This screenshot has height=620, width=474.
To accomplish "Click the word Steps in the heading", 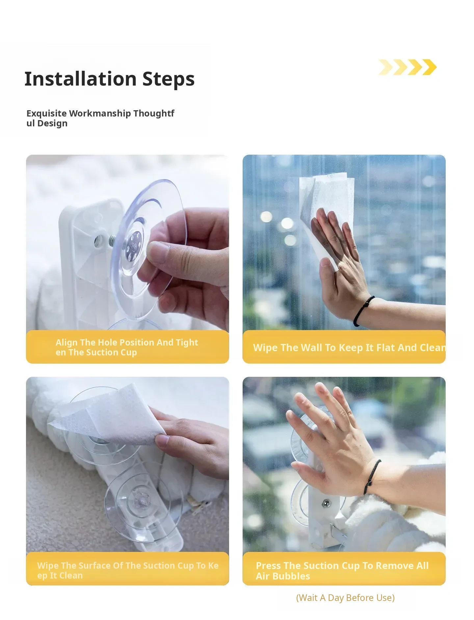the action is point(169,79).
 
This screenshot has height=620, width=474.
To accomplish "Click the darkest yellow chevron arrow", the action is point(430,67).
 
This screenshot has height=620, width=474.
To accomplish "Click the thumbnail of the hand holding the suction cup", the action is point(127,242).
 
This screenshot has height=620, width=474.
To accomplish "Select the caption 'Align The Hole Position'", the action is point(105,342).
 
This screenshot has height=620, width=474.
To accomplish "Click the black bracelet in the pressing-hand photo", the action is point(372,477).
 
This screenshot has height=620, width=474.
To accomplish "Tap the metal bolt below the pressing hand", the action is point(326,503).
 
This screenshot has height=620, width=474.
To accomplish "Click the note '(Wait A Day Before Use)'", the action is point(345,598).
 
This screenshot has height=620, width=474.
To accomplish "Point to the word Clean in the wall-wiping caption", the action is point(433,348).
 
